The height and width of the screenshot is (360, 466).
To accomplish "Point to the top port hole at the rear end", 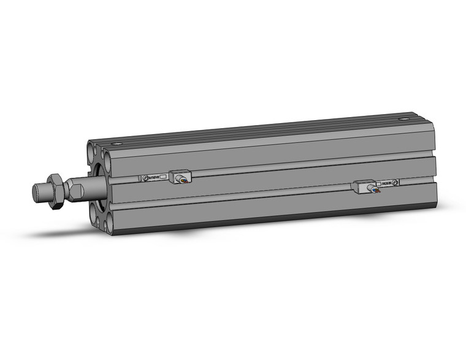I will (x=403, y=119).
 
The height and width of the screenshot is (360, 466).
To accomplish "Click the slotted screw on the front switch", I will (x=146, y=178).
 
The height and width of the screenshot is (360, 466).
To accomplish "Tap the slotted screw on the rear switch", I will (x=395, y=182).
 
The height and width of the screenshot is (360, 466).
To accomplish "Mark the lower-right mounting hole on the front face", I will (x=109, y=223).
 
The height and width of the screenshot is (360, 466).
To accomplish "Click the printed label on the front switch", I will (x=154, y=177).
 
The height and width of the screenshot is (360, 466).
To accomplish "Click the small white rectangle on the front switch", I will (x=164, y=177).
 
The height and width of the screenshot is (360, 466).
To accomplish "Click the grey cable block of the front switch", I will (x=180, y=177).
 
